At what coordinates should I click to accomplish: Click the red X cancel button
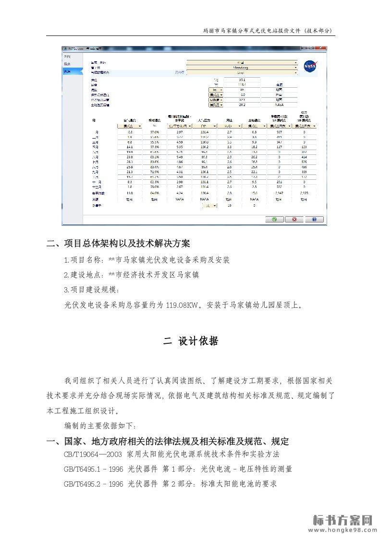[294, 219]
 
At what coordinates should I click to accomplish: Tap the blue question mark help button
[314, 219]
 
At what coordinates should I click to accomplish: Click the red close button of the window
[320, 48]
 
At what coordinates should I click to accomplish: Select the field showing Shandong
[242, 68]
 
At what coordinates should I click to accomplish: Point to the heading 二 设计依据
[191, 341]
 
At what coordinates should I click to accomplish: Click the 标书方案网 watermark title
[343, 520]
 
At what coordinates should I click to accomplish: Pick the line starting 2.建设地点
[131, 275]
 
